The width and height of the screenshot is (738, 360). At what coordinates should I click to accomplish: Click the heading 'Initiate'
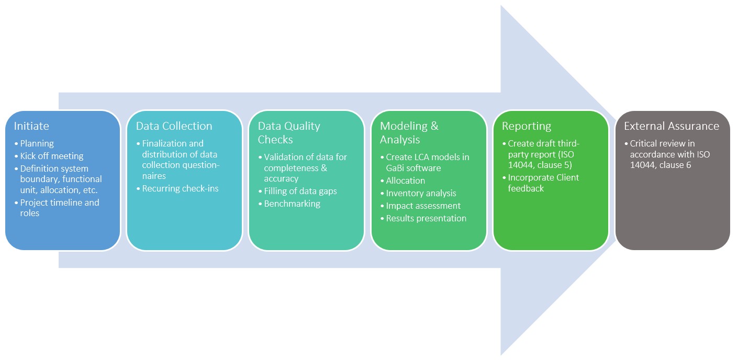pos(31,126)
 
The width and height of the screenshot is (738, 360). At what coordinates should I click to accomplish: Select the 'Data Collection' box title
pos(174,126)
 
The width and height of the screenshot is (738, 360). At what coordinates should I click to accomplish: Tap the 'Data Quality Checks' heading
pos(288,133)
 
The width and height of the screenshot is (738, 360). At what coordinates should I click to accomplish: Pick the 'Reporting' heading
pos(526,126)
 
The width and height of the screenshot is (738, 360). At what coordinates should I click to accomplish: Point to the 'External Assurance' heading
pos(671,126)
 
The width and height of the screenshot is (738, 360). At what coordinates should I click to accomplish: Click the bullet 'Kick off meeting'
pos(51,156)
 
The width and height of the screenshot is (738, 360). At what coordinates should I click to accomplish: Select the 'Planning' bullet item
pos(37,143)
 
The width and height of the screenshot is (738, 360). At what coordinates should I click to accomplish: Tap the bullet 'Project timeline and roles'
pos(59,208)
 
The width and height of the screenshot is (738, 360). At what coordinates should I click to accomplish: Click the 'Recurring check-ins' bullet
pos(180,188)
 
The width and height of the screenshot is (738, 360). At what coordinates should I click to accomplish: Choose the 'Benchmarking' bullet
pos(292,204)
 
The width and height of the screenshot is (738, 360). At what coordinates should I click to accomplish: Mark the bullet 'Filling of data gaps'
pos(300,191)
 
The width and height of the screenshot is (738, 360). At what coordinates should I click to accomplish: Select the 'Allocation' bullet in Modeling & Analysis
pos(405,181)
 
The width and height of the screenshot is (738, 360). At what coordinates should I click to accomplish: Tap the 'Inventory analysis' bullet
pos(421,193)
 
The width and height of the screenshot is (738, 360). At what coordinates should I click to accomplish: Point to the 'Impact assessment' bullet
pos(423,206)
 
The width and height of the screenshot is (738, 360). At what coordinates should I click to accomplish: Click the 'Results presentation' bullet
pos(426,218)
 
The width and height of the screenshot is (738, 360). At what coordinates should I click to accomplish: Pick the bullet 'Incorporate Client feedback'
pos(543,183)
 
